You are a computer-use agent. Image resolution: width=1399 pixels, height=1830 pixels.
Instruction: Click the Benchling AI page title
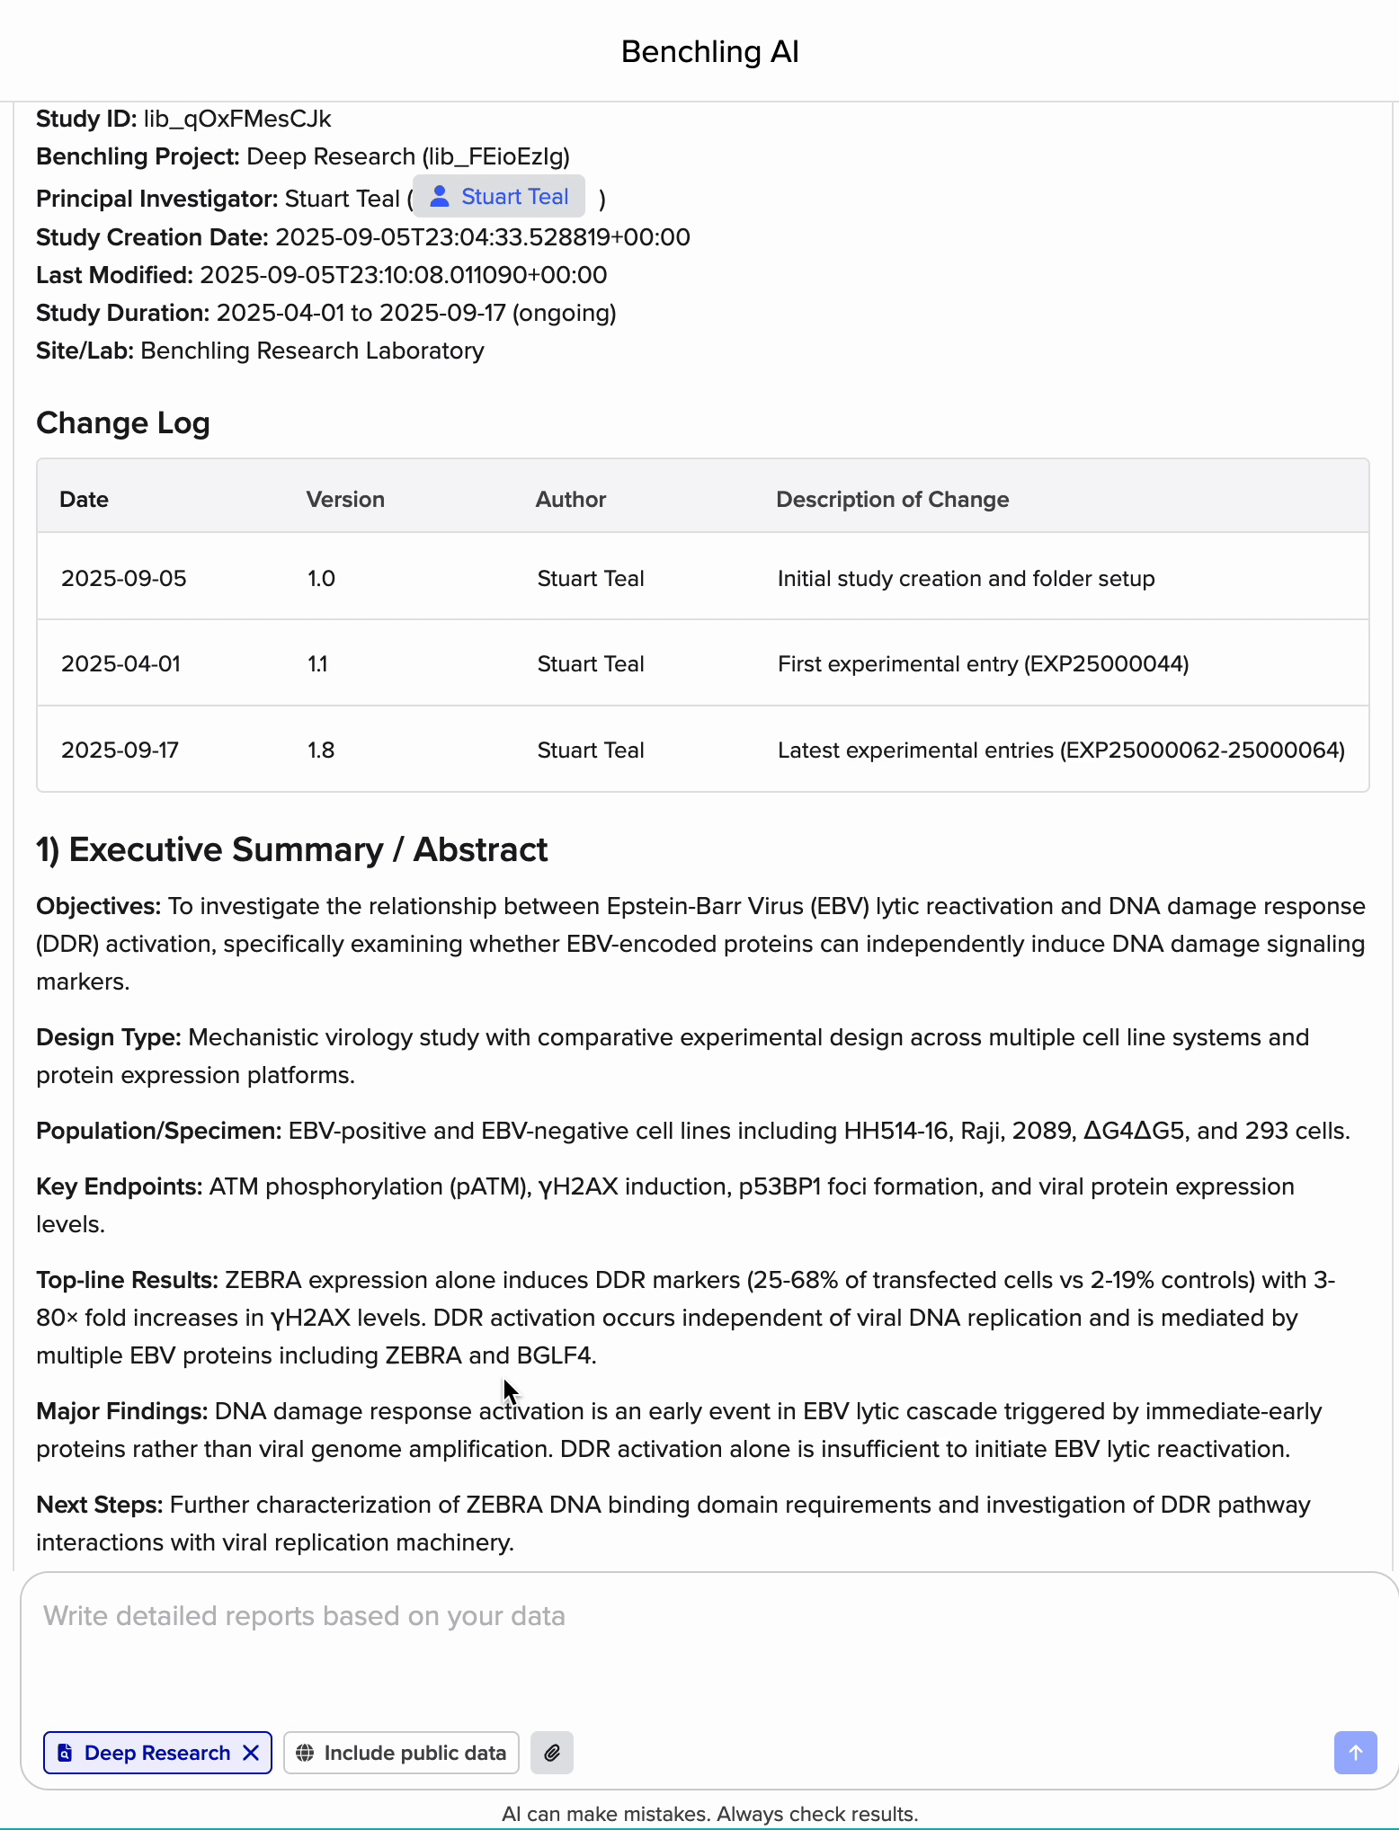[x=709, y=52]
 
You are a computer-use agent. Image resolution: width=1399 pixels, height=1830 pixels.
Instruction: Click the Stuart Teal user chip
[x=499, y=197]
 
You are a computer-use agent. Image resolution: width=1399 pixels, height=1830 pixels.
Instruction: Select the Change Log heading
[x=123, y=423]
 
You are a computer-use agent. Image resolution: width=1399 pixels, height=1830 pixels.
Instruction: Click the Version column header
[x=345, y=500]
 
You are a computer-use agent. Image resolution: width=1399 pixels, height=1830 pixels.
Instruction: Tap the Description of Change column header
[x=892, y=500]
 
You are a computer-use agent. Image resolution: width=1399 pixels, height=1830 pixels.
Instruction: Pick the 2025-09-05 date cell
[x=124, y=579]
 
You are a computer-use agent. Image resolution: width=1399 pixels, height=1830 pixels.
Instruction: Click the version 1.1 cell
[x=317, y=664]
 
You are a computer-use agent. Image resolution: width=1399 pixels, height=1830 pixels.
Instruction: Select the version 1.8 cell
[x=321, y=751]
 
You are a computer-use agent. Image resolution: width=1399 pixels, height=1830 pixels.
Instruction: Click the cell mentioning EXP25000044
[x=983, y=664]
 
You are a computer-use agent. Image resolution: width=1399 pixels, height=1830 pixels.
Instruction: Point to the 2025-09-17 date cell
[x=120, y=751]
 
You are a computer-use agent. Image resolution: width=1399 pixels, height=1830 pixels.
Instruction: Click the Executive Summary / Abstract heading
[x=292, y=850]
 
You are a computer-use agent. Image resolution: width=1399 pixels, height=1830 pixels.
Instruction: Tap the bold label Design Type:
[x=109, y=1038]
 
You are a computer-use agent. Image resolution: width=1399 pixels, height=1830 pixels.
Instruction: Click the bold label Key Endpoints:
[x=120, y=1187]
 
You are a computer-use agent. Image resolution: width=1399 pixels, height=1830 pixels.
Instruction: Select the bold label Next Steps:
[x=100, y=1506]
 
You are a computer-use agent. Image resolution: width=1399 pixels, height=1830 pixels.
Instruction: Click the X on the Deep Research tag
[x=252, y=1753]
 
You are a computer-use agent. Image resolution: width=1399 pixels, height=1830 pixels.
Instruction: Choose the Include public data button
[x=401, y=1753]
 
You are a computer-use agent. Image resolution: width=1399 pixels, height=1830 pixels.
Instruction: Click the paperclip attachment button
[x=552, y=1753]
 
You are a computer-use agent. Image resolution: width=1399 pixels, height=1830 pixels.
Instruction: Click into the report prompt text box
[x=683, y=1645]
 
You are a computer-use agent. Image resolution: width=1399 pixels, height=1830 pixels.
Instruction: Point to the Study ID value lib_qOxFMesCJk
[x=237, y=120]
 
